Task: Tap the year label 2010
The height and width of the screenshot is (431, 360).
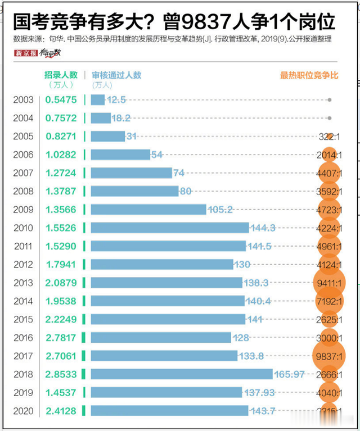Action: [24, 228]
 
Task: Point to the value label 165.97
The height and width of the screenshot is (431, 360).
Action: [292, 374]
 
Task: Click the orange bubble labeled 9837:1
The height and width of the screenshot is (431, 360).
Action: [329, 356]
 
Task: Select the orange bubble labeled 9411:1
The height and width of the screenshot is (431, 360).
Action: [329, 283]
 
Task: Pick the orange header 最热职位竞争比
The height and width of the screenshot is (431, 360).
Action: [309, 75]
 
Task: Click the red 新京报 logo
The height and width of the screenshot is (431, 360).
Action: [26, 53]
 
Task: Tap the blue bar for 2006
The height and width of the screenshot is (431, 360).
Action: [120, 155]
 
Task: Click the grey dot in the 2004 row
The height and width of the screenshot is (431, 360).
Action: [330, 118]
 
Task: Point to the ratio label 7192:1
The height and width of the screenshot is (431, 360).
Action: [329, 301]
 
